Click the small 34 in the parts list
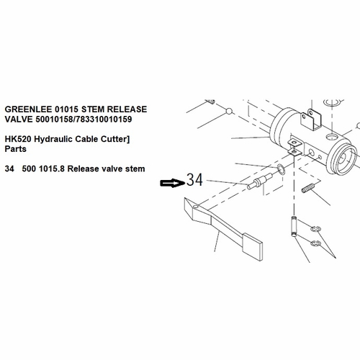pos(9,168)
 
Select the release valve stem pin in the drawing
pos(256,184)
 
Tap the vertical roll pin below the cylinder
pos(294,228)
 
